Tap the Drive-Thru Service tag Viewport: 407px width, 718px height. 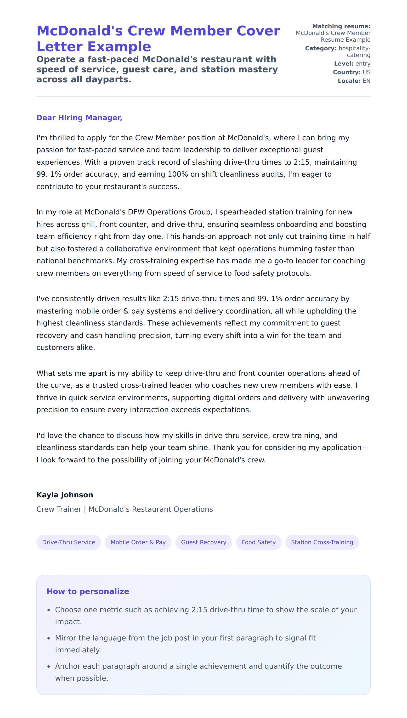tap(68, 542)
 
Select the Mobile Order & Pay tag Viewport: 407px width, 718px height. tap(138, 542)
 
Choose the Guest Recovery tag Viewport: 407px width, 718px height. tap(203, 542)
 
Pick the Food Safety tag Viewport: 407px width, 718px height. tap(258, 542)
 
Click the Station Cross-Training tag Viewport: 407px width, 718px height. tap(322, 542)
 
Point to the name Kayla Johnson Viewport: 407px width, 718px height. tap(65, 495)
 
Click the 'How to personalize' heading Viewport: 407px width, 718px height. tap(88, 591)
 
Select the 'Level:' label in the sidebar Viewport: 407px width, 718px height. tap(344, 64)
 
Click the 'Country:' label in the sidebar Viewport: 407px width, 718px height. tap(347, 72)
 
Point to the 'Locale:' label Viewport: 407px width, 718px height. tap(349, 81)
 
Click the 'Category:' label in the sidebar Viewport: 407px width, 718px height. tap(321, 48)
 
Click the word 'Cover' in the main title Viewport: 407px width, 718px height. tap(258, 31)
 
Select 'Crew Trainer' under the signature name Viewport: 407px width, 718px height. tap(59, 509)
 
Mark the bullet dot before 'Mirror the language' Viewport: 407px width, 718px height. tap(49, 638)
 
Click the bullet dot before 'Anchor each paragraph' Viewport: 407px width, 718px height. tap(49, 667)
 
